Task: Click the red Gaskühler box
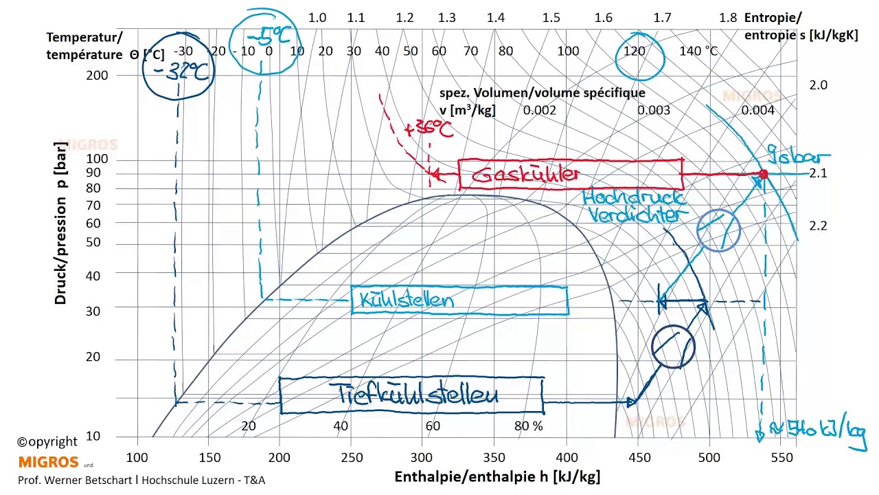point(570,175)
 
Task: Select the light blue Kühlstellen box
point(459,300)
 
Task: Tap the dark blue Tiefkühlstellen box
point(411,395)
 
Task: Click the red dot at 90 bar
point(763,175)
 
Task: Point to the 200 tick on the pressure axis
point(97,75)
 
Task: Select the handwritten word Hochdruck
point(633,199)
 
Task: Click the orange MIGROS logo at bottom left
point(48,461)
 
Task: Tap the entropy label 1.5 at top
point(551,18)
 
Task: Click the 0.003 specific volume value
point(653,110)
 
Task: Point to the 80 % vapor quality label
point(528,426)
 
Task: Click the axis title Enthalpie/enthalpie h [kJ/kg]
point(497,476)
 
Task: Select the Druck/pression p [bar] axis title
point(61,224)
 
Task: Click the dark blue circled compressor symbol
point(673,347)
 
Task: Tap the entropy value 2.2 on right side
point(818,225)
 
